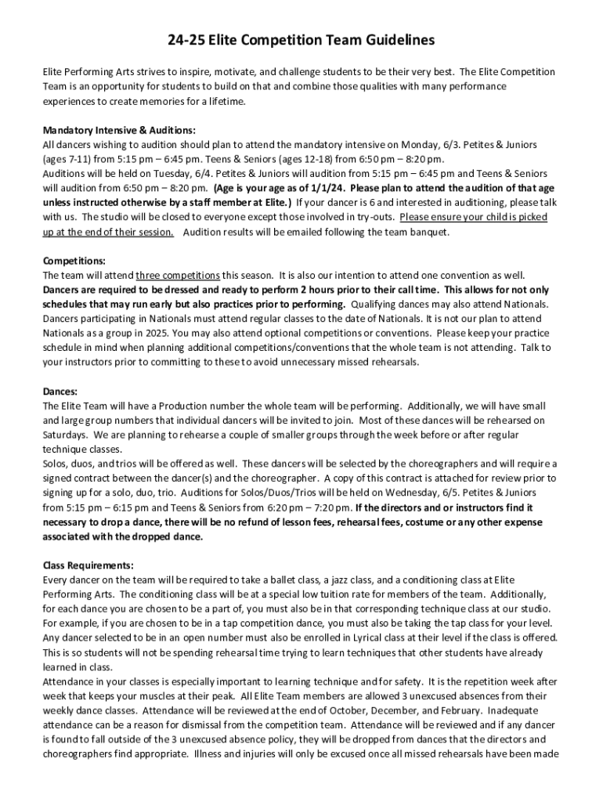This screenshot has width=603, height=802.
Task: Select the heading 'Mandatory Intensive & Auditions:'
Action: pyautogui.click(x=119, y=131)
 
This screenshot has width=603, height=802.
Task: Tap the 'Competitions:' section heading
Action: pyautogui.click(x=74, y=261)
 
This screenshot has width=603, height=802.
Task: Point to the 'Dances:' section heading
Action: pyautogui.click(x=60, y=391)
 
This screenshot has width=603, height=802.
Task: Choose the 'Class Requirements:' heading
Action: pyautogui.click(x=88, y=565)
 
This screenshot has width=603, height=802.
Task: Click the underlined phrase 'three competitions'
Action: pyautogui.click(x=178, y=276)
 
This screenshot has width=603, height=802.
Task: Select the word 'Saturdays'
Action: pyautogui.click(x=66, y=435)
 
